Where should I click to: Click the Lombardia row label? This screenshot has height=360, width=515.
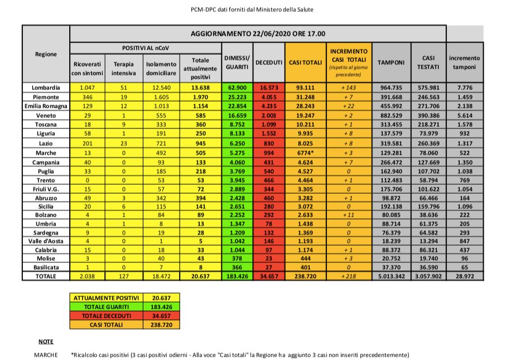46,88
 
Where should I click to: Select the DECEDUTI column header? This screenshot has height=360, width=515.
269,62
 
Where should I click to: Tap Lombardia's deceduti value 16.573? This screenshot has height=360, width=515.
269,88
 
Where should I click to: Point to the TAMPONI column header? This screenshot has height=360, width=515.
391,62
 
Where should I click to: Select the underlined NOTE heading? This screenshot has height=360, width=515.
46,341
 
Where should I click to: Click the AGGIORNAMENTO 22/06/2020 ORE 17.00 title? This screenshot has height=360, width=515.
258,33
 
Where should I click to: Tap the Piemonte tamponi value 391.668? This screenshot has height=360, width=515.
391,97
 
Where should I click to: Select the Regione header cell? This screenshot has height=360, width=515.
46,54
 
